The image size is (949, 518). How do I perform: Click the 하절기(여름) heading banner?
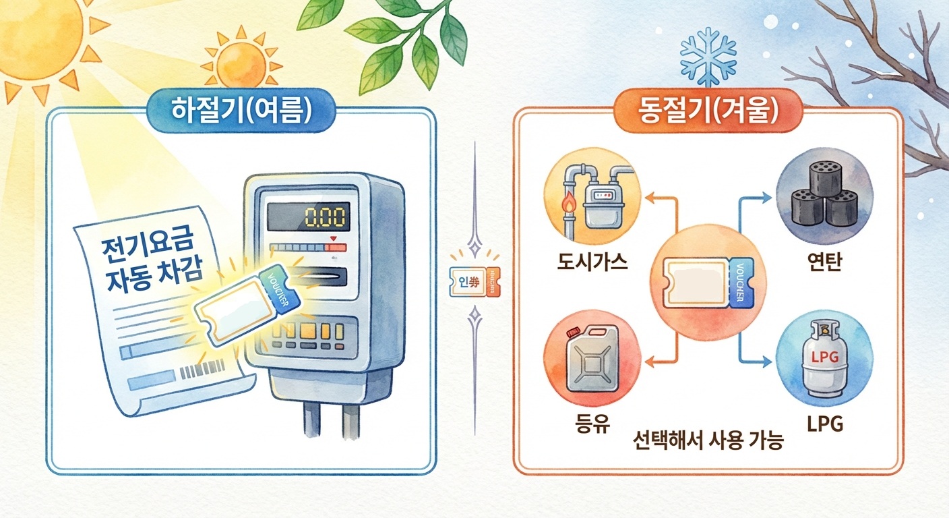pos(240,110)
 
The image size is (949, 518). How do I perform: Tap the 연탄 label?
pos(824,260)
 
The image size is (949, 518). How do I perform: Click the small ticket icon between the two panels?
pos(474,283)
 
